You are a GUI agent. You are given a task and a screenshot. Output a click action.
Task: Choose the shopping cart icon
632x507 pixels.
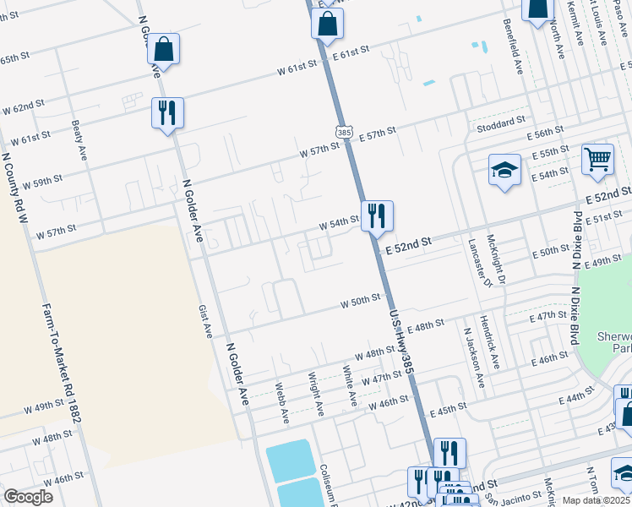(597, 158)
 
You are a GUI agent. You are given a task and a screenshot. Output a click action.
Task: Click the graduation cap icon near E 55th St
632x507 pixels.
(504, 168)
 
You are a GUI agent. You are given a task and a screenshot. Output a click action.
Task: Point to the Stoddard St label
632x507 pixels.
(501, 122)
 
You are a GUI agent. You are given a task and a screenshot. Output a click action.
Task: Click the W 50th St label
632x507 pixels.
(362, 302)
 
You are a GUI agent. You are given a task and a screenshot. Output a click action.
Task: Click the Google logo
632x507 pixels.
(29, 497)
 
